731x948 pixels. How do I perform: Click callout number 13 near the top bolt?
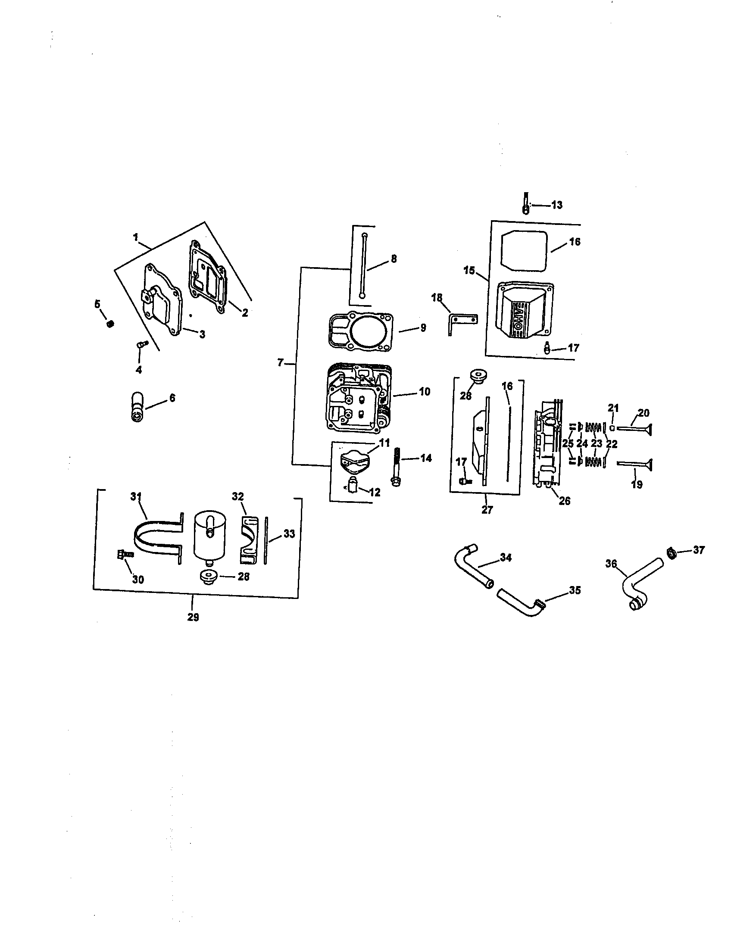pyautogui.click(x=556, y=205)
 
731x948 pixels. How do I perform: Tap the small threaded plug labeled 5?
pyautogui.click(x=110, y=323)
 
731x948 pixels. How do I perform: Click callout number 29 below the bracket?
pyautogui.click(x=193, y=617)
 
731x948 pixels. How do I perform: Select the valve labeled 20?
pyautogui.click(x=634, y=429)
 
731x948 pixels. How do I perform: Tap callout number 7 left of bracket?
pyautogui.click(x=281, y=362)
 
